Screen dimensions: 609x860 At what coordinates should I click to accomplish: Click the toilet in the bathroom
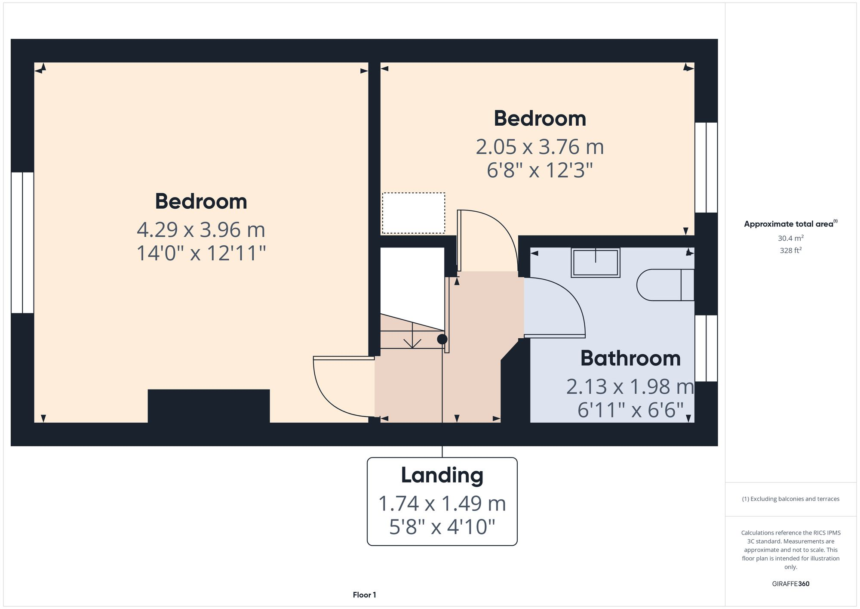[664, 284]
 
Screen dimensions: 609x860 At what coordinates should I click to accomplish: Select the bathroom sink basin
[596, 263]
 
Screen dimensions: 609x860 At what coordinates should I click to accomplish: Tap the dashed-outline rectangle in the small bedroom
[414, 213]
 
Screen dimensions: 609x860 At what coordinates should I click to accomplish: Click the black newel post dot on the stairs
[442, 339]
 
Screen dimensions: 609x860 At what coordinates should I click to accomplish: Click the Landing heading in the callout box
[442, 475]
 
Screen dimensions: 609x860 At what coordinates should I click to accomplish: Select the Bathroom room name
[630, 359]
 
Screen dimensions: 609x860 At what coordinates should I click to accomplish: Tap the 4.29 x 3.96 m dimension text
[201, 230]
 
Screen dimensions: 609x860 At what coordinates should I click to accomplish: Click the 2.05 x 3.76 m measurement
[540, 147]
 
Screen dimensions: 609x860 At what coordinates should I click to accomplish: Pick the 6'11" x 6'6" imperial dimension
[630, 410]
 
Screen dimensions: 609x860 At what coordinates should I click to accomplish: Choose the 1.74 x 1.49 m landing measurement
[442, 504]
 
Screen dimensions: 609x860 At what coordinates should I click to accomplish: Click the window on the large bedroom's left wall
[22, 242]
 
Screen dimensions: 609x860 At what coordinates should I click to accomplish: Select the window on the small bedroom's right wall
[706, 167]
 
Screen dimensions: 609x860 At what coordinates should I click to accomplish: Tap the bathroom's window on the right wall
[706, 348]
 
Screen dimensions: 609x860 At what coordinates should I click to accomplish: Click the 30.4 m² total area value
[790, 238]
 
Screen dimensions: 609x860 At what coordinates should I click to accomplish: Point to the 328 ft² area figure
[790, 250]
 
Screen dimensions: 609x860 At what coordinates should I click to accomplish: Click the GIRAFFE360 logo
[790, 584]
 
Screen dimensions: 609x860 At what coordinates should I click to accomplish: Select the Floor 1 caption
[364, 595]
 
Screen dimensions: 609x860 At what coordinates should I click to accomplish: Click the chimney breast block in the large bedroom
[209, 406]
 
